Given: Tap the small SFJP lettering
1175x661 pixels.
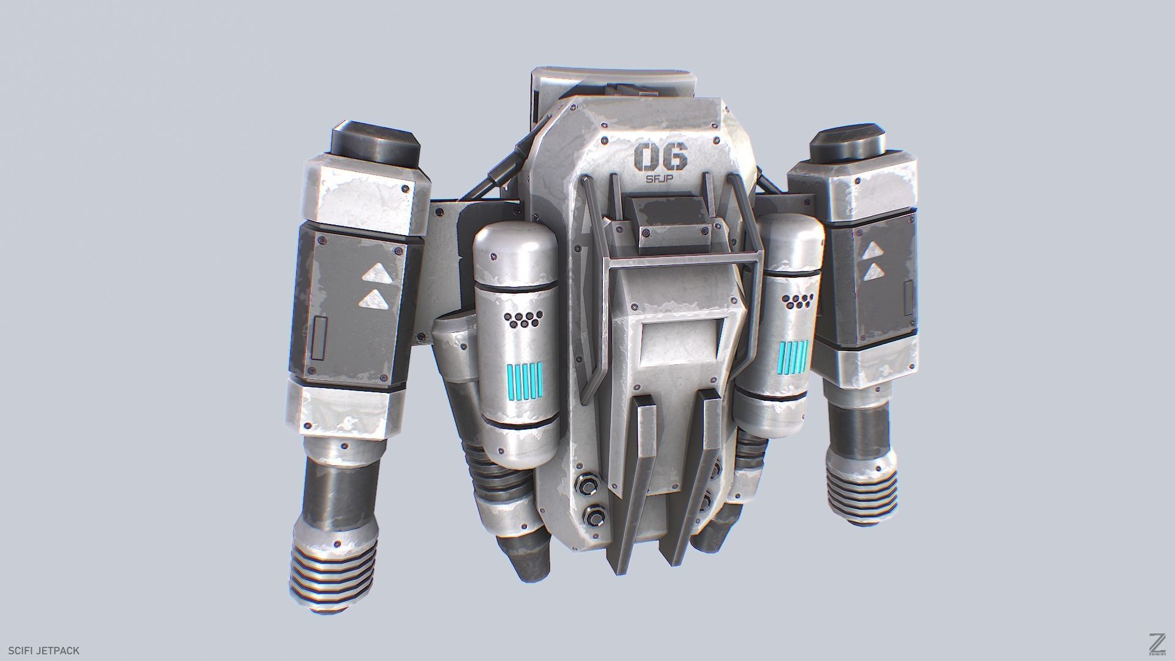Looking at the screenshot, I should tap(662, 179).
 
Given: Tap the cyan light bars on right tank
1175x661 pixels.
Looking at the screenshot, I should tap(794, 357).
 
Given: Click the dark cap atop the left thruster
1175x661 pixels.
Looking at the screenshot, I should tap(376, 138).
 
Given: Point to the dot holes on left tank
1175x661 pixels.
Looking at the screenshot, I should tap(524, 319).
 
